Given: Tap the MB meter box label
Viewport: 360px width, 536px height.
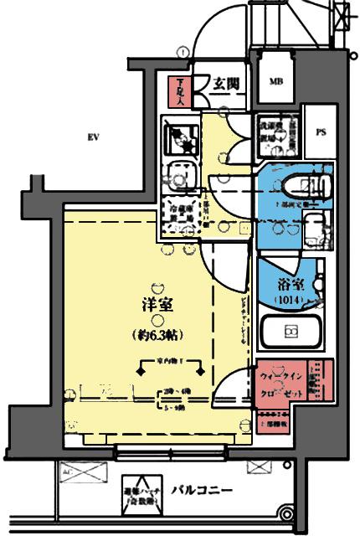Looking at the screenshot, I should click(275, 82).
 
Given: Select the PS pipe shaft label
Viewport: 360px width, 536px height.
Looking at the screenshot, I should click(320, 131).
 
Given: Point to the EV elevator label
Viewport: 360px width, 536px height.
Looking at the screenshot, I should click(95, 137).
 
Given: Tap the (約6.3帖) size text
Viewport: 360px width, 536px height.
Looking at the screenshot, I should click(159, 334).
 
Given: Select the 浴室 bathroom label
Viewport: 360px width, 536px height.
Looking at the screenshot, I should click(290, 283).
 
